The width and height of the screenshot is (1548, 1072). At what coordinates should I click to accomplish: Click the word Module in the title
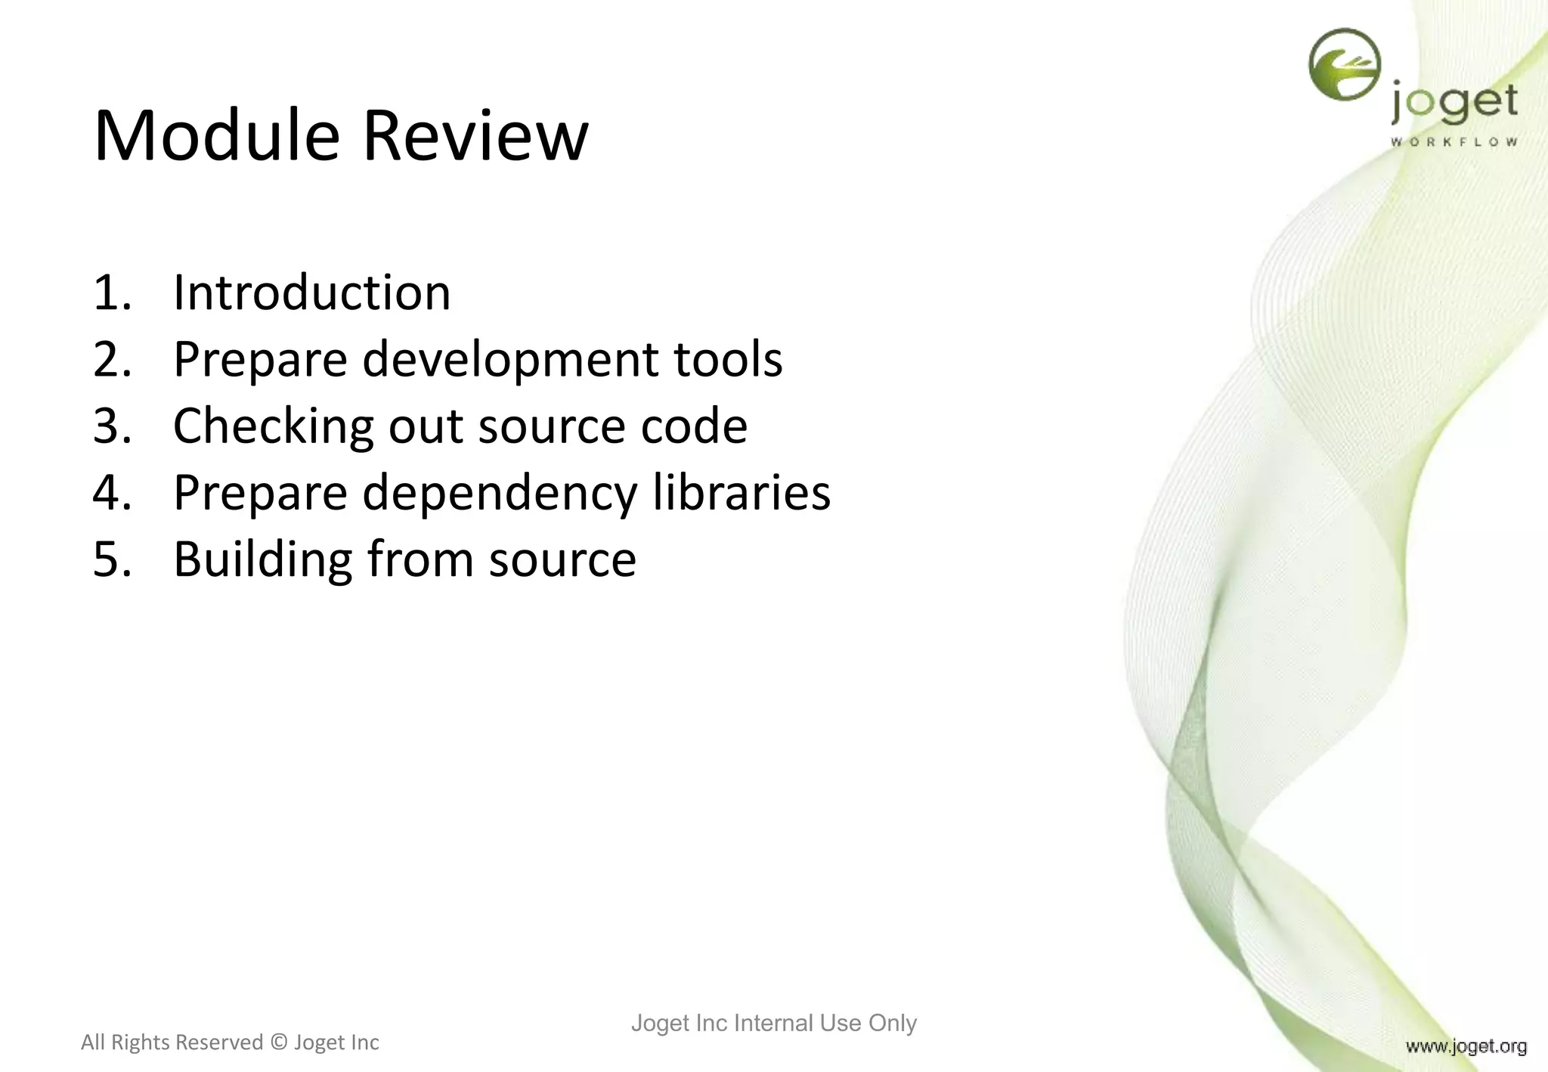(x=216, y=136)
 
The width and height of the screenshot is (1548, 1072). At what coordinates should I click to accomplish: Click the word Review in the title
(x=475, y=136)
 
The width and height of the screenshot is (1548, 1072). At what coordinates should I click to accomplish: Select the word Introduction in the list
(x=311, y=293)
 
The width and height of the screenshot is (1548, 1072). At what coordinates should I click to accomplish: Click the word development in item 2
(x=509, y=359)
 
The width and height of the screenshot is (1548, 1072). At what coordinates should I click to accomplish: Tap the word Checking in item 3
(x=273, y=426)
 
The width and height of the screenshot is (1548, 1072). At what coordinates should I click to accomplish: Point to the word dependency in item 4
(x=500, y=494)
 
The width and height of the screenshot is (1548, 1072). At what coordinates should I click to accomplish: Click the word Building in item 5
(x=262, y=559)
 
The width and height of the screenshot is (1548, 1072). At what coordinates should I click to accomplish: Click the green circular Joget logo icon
(x=1344, y=65)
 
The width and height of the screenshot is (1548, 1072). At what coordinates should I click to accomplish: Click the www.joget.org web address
(x=1466, y=1046)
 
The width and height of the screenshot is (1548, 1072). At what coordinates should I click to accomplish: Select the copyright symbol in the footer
(x=278, y=1043)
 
